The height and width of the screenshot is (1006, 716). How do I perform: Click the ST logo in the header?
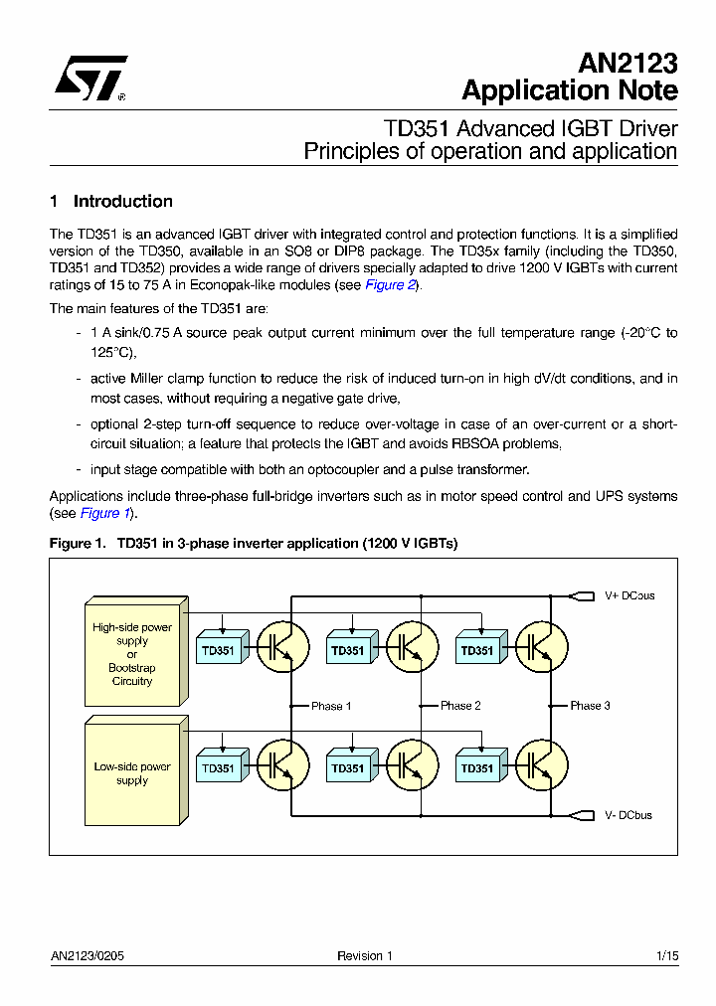coord(89,80)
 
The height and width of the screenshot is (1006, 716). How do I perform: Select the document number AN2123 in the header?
coord(627,64)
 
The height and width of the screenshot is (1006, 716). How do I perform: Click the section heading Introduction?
coord(122,201)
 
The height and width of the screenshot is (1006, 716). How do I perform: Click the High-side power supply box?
coord(132,654)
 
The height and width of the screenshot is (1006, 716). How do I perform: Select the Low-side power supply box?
coord(132,773)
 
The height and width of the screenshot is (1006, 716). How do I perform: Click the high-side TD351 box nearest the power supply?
coord(219,650)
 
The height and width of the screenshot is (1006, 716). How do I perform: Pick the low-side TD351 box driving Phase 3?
coord(477,767)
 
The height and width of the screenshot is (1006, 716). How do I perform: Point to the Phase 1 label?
coord(331,706)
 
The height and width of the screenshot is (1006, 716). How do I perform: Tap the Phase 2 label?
coord(460,706)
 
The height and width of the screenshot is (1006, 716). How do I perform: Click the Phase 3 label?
coord(590,706)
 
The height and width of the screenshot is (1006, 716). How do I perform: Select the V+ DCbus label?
coord(629,596)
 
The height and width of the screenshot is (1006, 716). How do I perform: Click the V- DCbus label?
coord(628,815)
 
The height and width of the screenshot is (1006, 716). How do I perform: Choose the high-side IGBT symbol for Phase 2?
coord(411,646)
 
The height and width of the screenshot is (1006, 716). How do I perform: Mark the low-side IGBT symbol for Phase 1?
coord(282,763)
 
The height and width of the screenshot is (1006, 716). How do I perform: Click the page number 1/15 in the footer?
coord(667,956)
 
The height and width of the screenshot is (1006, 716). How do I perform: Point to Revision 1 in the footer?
coord(365,956)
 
